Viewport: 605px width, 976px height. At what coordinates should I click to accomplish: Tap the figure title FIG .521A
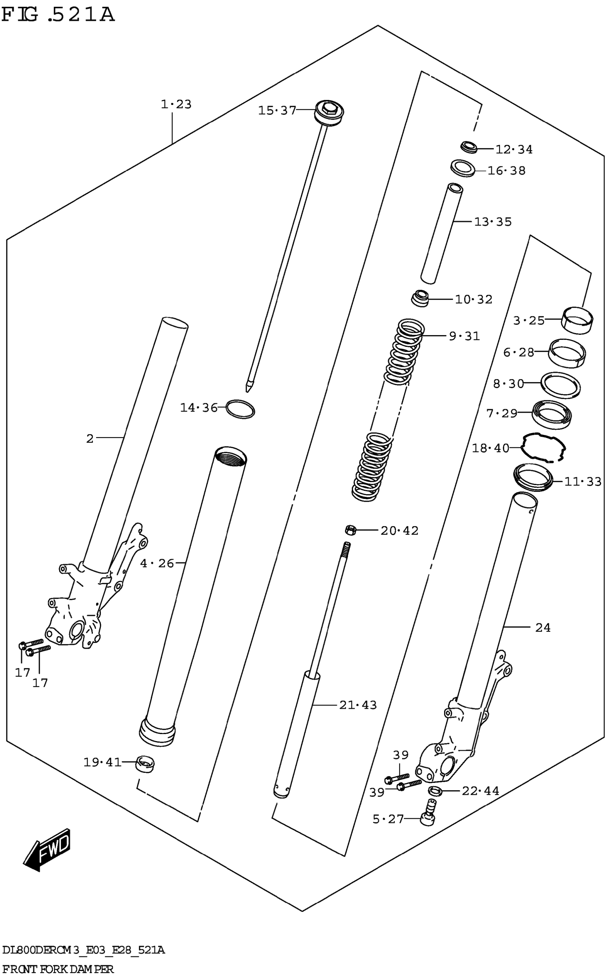[x=58, y=15]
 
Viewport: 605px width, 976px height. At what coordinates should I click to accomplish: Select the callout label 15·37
[x=277, y=110]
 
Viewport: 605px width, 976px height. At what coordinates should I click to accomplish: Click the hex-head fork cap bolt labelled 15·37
[x=329, y=112]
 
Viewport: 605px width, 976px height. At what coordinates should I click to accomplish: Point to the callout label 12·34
[x=514, y=149]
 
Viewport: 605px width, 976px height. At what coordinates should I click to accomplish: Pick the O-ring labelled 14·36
[x=240, y=409]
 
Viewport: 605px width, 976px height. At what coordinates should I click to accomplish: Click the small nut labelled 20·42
[x=351, y=531]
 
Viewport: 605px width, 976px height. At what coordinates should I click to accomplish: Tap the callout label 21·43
[x=358, y=705]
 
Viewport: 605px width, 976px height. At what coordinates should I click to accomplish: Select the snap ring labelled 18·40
[x=543, y=448]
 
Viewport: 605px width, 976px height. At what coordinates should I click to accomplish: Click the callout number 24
[x=543, y=628]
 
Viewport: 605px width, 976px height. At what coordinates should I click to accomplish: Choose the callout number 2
[x=90, y=438]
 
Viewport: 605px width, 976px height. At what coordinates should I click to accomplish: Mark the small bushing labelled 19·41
[x=145, y=764]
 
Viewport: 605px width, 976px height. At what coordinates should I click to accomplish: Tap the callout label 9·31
[x=464, y=336]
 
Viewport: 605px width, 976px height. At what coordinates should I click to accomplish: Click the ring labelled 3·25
[x=577, y=319]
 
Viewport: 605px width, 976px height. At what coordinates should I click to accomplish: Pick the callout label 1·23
[x=176, y=104]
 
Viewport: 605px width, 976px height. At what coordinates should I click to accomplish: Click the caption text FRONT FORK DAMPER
[x=58, y=969]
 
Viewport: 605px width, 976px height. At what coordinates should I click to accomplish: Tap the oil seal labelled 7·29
[x=551, y=415]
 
